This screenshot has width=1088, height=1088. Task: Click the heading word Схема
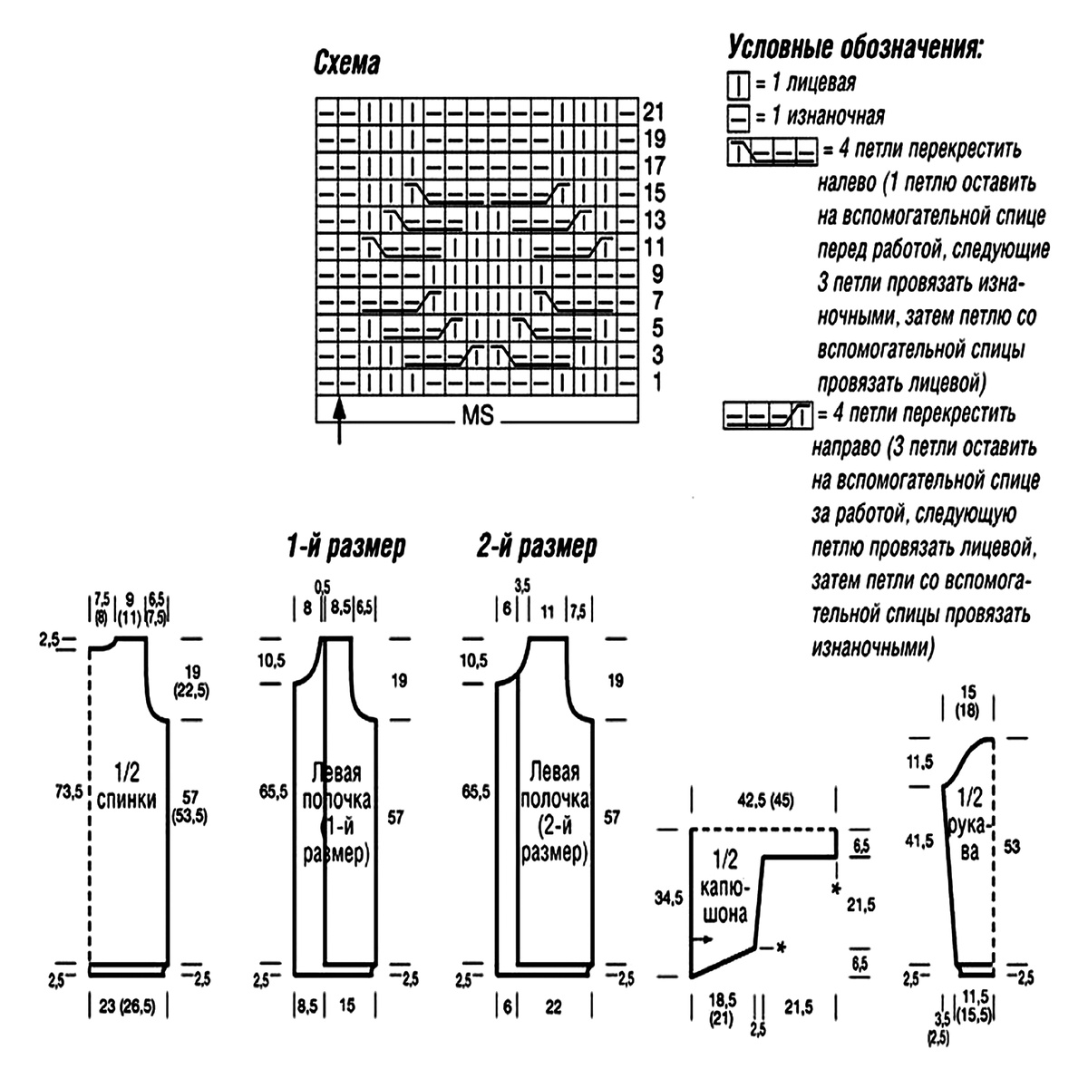(x=346, y=63)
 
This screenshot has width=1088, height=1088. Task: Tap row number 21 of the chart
(x=653, y=112)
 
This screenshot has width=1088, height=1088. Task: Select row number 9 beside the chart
(x=657, y=275)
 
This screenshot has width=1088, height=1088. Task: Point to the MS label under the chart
(x=478, y=415)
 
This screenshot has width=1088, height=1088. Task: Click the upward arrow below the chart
(x=339, y=422)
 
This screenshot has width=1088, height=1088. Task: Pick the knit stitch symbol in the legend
(x=737, y=84)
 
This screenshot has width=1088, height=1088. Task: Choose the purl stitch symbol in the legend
(x=737, y=118)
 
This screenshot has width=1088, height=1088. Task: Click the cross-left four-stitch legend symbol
(x=772, y=151)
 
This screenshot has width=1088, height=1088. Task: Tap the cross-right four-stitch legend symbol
(x=768, y=415)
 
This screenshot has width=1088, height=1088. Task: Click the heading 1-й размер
(x=346, y=546)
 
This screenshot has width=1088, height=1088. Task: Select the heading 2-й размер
(x=537, y=546)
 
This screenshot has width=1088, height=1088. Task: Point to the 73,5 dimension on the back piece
(x=68, y=792)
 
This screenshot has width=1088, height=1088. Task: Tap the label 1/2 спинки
(x=126, y=786)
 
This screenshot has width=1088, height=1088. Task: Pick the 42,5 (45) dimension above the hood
(x=765, y=800)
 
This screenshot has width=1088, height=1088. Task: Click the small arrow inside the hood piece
(x=704, y=939)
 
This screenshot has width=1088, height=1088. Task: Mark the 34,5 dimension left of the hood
(x=668, y=898)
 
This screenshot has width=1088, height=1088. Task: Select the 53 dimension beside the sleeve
(x=1012, y=847)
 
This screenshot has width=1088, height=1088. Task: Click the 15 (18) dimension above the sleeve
(x=967, y=701)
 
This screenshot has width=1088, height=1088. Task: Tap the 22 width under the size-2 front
(x=553, y=1007)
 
